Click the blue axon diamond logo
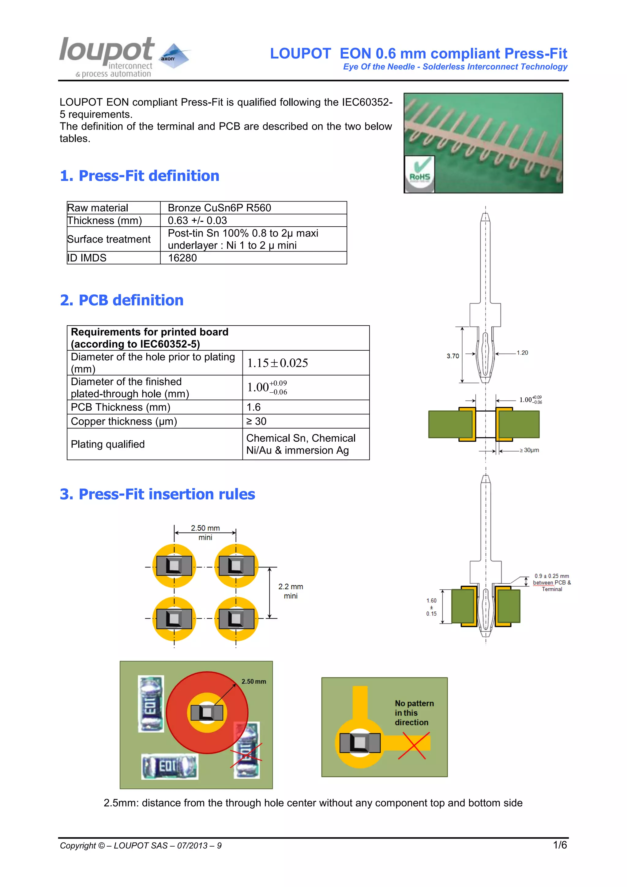click(x=175, y=56)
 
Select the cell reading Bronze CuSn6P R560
click(x=219, y=208)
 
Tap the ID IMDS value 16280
click(x=182, y=258)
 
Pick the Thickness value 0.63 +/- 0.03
click(x=197, y=221)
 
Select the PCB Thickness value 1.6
click(x=254, y=407)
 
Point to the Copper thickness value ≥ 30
click(x=256, y=421)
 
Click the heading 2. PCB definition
click(x=122, y=300)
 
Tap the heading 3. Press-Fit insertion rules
click(x=157, y=494)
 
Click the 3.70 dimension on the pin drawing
click(x=453, y=356)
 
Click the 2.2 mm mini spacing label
click(x=291, y=591)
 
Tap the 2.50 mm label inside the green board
click(x=254, y=681)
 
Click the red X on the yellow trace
click(x=414, y=745)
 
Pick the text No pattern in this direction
click(x=414, y=713)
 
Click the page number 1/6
click(x=560, y=845)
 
